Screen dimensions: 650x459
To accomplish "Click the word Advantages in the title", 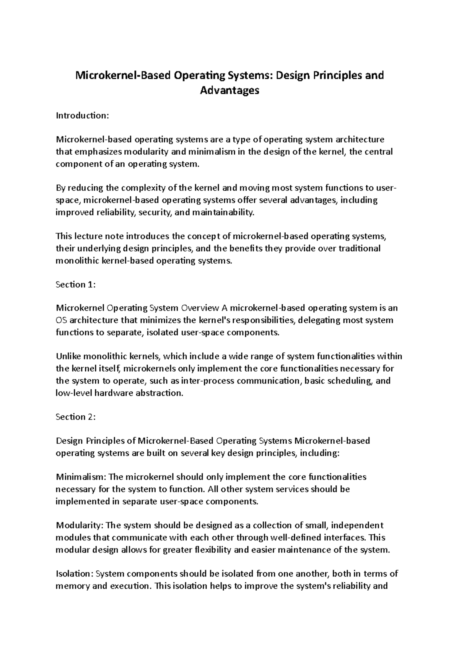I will click(x=229, y=90).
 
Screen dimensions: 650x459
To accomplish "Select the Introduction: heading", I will click(x=82, y=115).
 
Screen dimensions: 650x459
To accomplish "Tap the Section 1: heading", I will click(x=75, y=284).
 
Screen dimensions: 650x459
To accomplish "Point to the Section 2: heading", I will click(x=75, y=417).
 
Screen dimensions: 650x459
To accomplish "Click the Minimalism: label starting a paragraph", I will click(x=81, y=477).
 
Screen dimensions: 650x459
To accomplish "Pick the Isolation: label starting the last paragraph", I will click(x=75, y=573).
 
